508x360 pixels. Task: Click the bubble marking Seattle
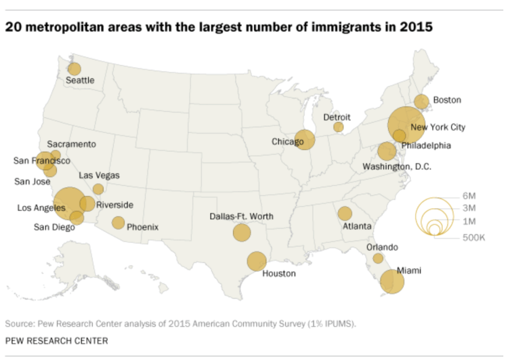click(74, 68)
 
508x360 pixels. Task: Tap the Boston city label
click(446, 100)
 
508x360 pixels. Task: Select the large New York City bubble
click(406, 124)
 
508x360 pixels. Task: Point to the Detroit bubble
click(338, 127)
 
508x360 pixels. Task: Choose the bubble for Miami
click(391, 281)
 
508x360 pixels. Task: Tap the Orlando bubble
click(378, 258)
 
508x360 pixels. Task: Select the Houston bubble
click(256, 261)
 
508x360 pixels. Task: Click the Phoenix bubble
click(118, 222)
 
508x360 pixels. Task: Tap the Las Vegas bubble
click(98, 189)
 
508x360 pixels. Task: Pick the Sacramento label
click(71, 144)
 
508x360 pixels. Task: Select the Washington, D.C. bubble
click(387, 151)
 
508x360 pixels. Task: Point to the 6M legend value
click(469, 196)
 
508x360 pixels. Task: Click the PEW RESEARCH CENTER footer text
click(56, 340)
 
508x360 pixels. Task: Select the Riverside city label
click(114, 205)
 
